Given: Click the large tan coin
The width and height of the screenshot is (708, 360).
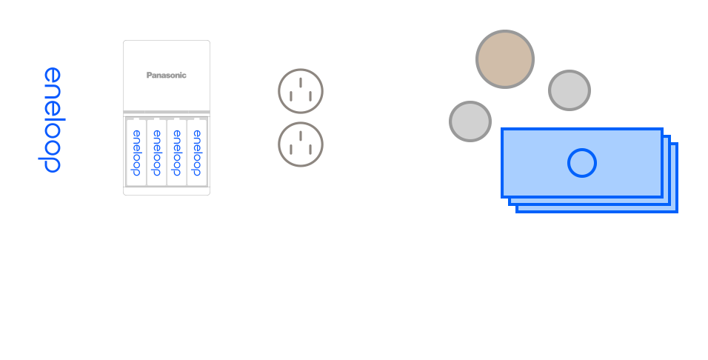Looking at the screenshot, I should pos(504,59).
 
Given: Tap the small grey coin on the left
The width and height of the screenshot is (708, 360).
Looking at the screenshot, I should pos(470,121).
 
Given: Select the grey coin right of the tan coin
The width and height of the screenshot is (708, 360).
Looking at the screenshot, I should pos(570,90).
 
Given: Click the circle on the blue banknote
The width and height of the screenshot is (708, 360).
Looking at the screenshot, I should pos(581,163).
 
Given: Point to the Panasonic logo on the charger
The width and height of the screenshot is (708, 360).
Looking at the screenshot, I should pos(166,75).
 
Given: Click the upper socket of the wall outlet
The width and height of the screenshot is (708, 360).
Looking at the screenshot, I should pos(301,90).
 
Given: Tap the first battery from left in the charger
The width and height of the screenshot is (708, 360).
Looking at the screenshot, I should pos(136,152).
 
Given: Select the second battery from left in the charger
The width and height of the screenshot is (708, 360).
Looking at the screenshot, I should pos(156,152).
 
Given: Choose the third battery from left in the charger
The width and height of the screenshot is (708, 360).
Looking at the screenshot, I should pos(176,152).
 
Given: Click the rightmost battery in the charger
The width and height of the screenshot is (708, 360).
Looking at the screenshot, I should pos(196,152).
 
